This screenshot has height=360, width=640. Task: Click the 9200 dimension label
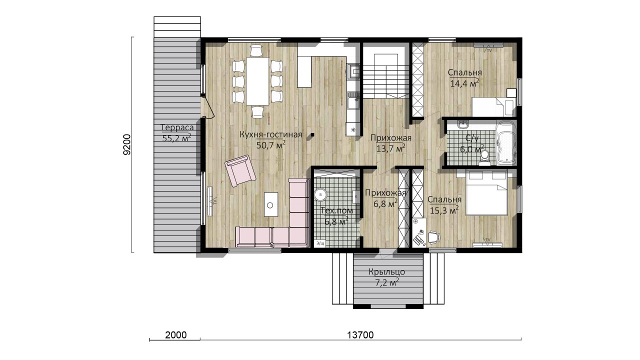click(x=127, y=144)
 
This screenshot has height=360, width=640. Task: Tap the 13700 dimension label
click(x=360, y=335)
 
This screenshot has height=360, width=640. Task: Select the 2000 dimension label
click(x=176, y=335)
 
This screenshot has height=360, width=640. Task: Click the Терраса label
click(x=177, y=127)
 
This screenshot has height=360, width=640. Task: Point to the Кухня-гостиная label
click(x=270, y=134)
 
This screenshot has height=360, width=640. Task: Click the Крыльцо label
click(x=386, y=271)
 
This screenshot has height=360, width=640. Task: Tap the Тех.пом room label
click(x=336, y=211)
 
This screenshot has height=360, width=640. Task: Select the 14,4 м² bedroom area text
click(x=464, y=83)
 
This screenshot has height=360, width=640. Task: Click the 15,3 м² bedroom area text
click(x=444, y=210)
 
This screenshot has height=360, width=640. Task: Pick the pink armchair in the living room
click(x=240, y=171)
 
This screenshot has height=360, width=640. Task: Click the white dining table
click(x=257, y=81)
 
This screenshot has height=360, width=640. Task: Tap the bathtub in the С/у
click(x=506, y=143)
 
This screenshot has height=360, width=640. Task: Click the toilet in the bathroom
click(x=484, y=158)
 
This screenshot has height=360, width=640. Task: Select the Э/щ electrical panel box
click(x=320, y=243)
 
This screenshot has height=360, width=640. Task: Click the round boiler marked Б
click(x=320, y=194)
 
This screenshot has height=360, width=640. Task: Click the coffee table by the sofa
click(x=271, y=204)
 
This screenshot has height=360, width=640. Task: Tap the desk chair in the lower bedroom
click(x=433, y=237)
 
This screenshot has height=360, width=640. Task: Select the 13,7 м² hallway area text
click(x=391, y=148)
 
